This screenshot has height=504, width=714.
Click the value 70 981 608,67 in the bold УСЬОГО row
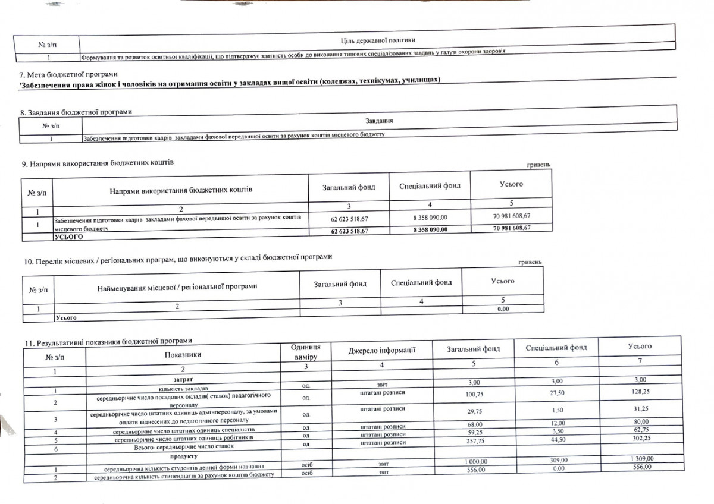click(x=511, y=228)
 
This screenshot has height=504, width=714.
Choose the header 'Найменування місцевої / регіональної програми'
click(x=177, y=286)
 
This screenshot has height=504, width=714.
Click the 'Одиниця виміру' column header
click(x=305, y=351)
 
